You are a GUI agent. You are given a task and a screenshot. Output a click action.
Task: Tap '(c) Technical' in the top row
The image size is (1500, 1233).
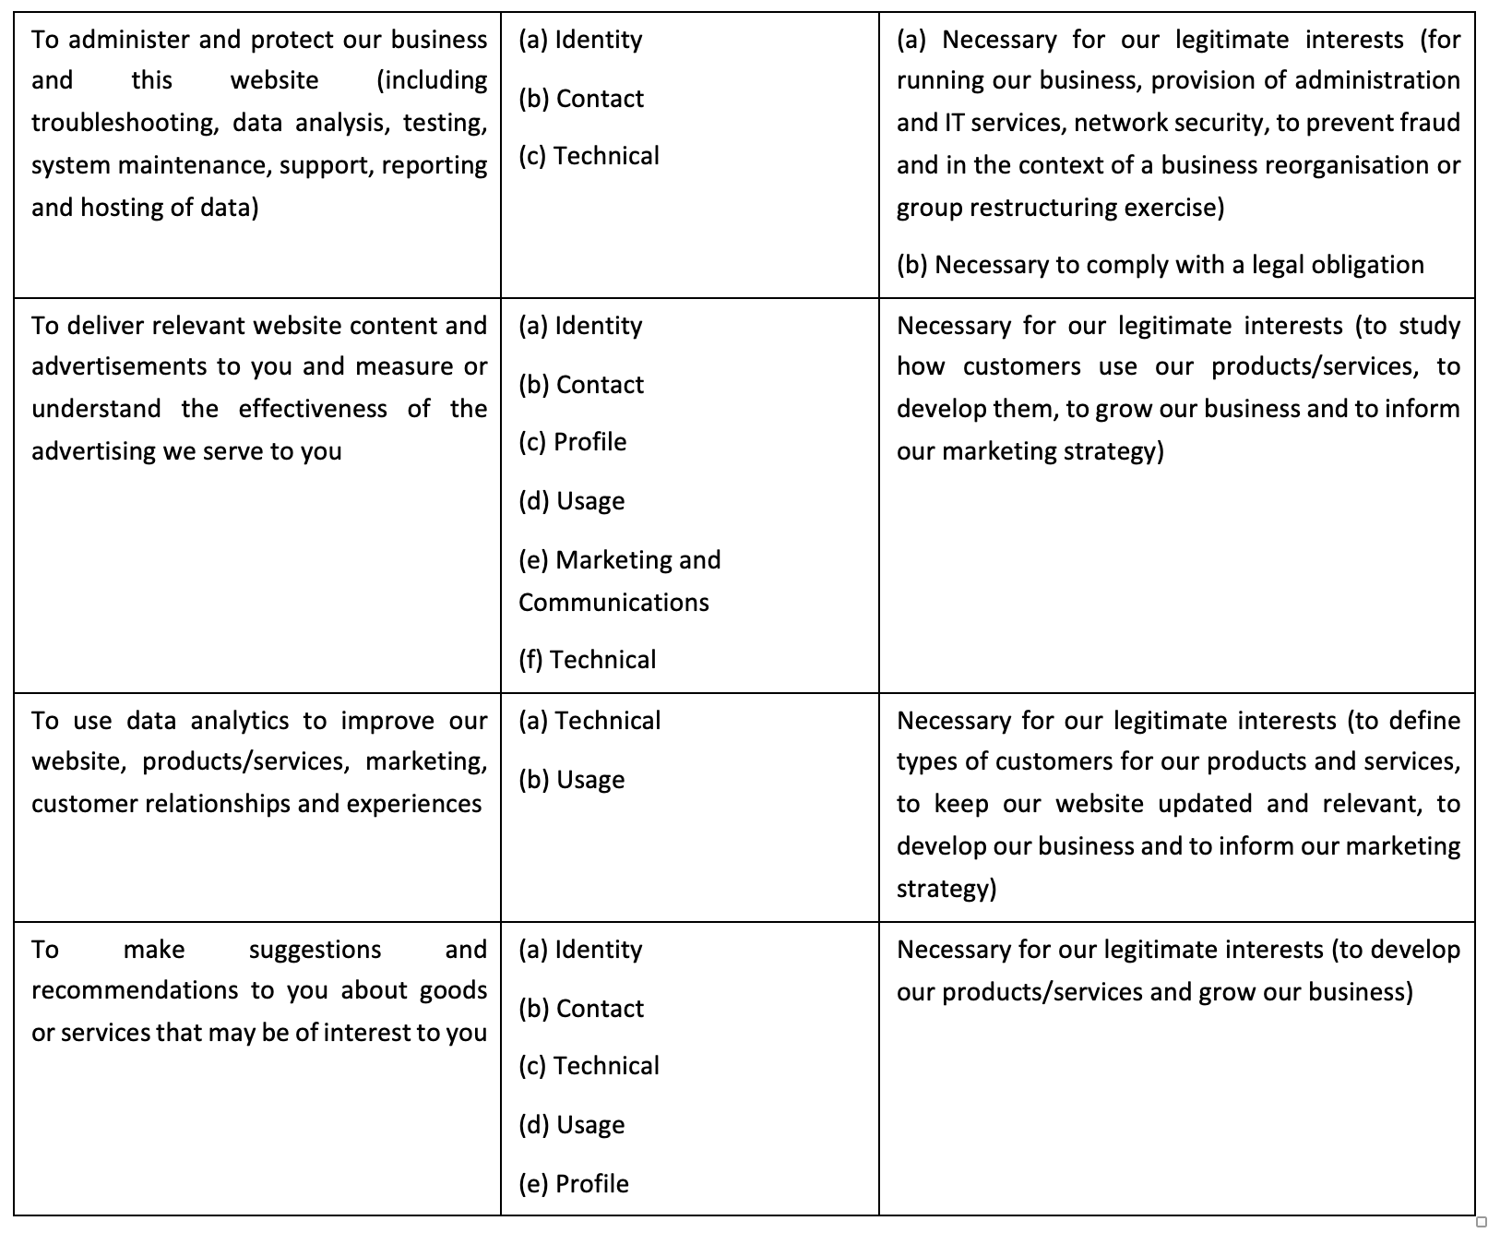589,156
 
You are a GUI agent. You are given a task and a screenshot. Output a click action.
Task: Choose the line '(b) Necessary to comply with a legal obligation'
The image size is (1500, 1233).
1160,265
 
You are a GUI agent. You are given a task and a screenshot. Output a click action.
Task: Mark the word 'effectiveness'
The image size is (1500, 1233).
313,409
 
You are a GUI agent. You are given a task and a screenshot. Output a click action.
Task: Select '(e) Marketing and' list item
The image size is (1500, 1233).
619,560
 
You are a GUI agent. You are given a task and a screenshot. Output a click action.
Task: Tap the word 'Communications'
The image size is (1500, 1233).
613,603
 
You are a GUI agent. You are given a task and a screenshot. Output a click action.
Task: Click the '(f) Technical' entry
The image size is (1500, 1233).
587,660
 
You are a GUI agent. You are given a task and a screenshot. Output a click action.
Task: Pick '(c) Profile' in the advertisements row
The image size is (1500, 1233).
572,442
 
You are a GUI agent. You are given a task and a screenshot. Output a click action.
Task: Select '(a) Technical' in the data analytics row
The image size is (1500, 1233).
589,721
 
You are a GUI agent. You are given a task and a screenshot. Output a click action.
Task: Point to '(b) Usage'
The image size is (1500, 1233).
571,780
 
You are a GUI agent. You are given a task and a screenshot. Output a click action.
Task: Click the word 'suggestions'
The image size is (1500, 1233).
315,950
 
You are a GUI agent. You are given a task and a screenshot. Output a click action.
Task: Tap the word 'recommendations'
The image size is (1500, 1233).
135,990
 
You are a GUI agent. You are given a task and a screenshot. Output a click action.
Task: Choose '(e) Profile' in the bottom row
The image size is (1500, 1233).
573,1184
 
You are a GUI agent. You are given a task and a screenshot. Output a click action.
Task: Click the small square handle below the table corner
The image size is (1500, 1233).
1482,1222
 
